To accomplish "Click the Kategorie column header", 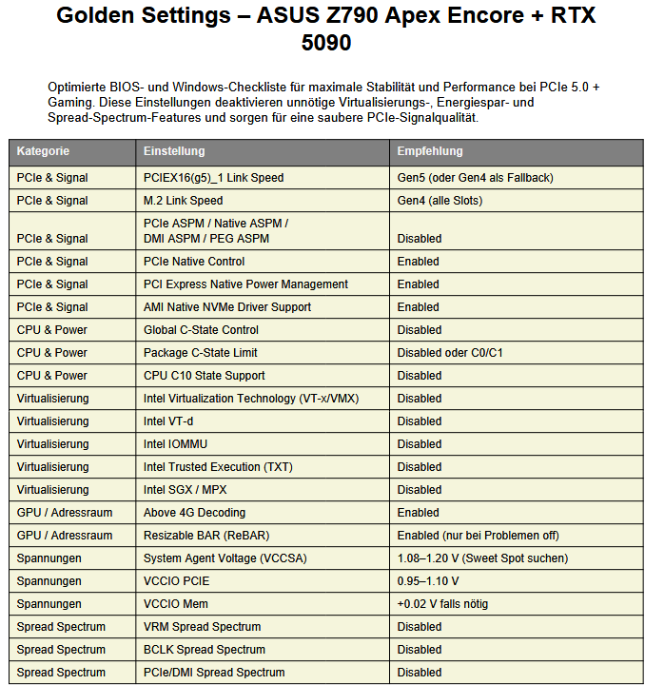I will tap(43, 151).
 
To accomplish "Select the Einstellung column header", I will tap(174, 151).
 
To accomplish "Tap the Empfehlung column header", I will tap(430, 151).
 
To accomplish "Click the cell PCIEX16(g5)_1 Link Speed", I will tap(213, 178).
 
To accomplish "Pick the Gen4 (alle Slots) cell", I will tap(440, 201).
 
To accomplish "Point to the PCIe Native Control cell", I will tap(194, 262).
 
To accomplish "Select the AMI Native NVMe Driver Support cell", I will tap(227, 307).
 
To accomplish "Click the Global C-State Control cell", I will tap(201, 330).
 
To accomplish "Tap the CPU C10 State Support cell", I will tap(204, 376).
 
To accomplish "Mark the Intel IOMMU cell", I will tap(175, 444).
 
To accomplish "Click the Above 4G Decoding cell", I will tap(194, 513).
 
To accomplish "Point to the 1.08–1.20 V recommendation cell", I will tap(482, 558).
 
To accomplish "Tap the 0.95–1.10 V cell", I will tap(428, 581).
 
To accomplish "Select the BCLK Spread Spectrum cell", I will tap(205, 650).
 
